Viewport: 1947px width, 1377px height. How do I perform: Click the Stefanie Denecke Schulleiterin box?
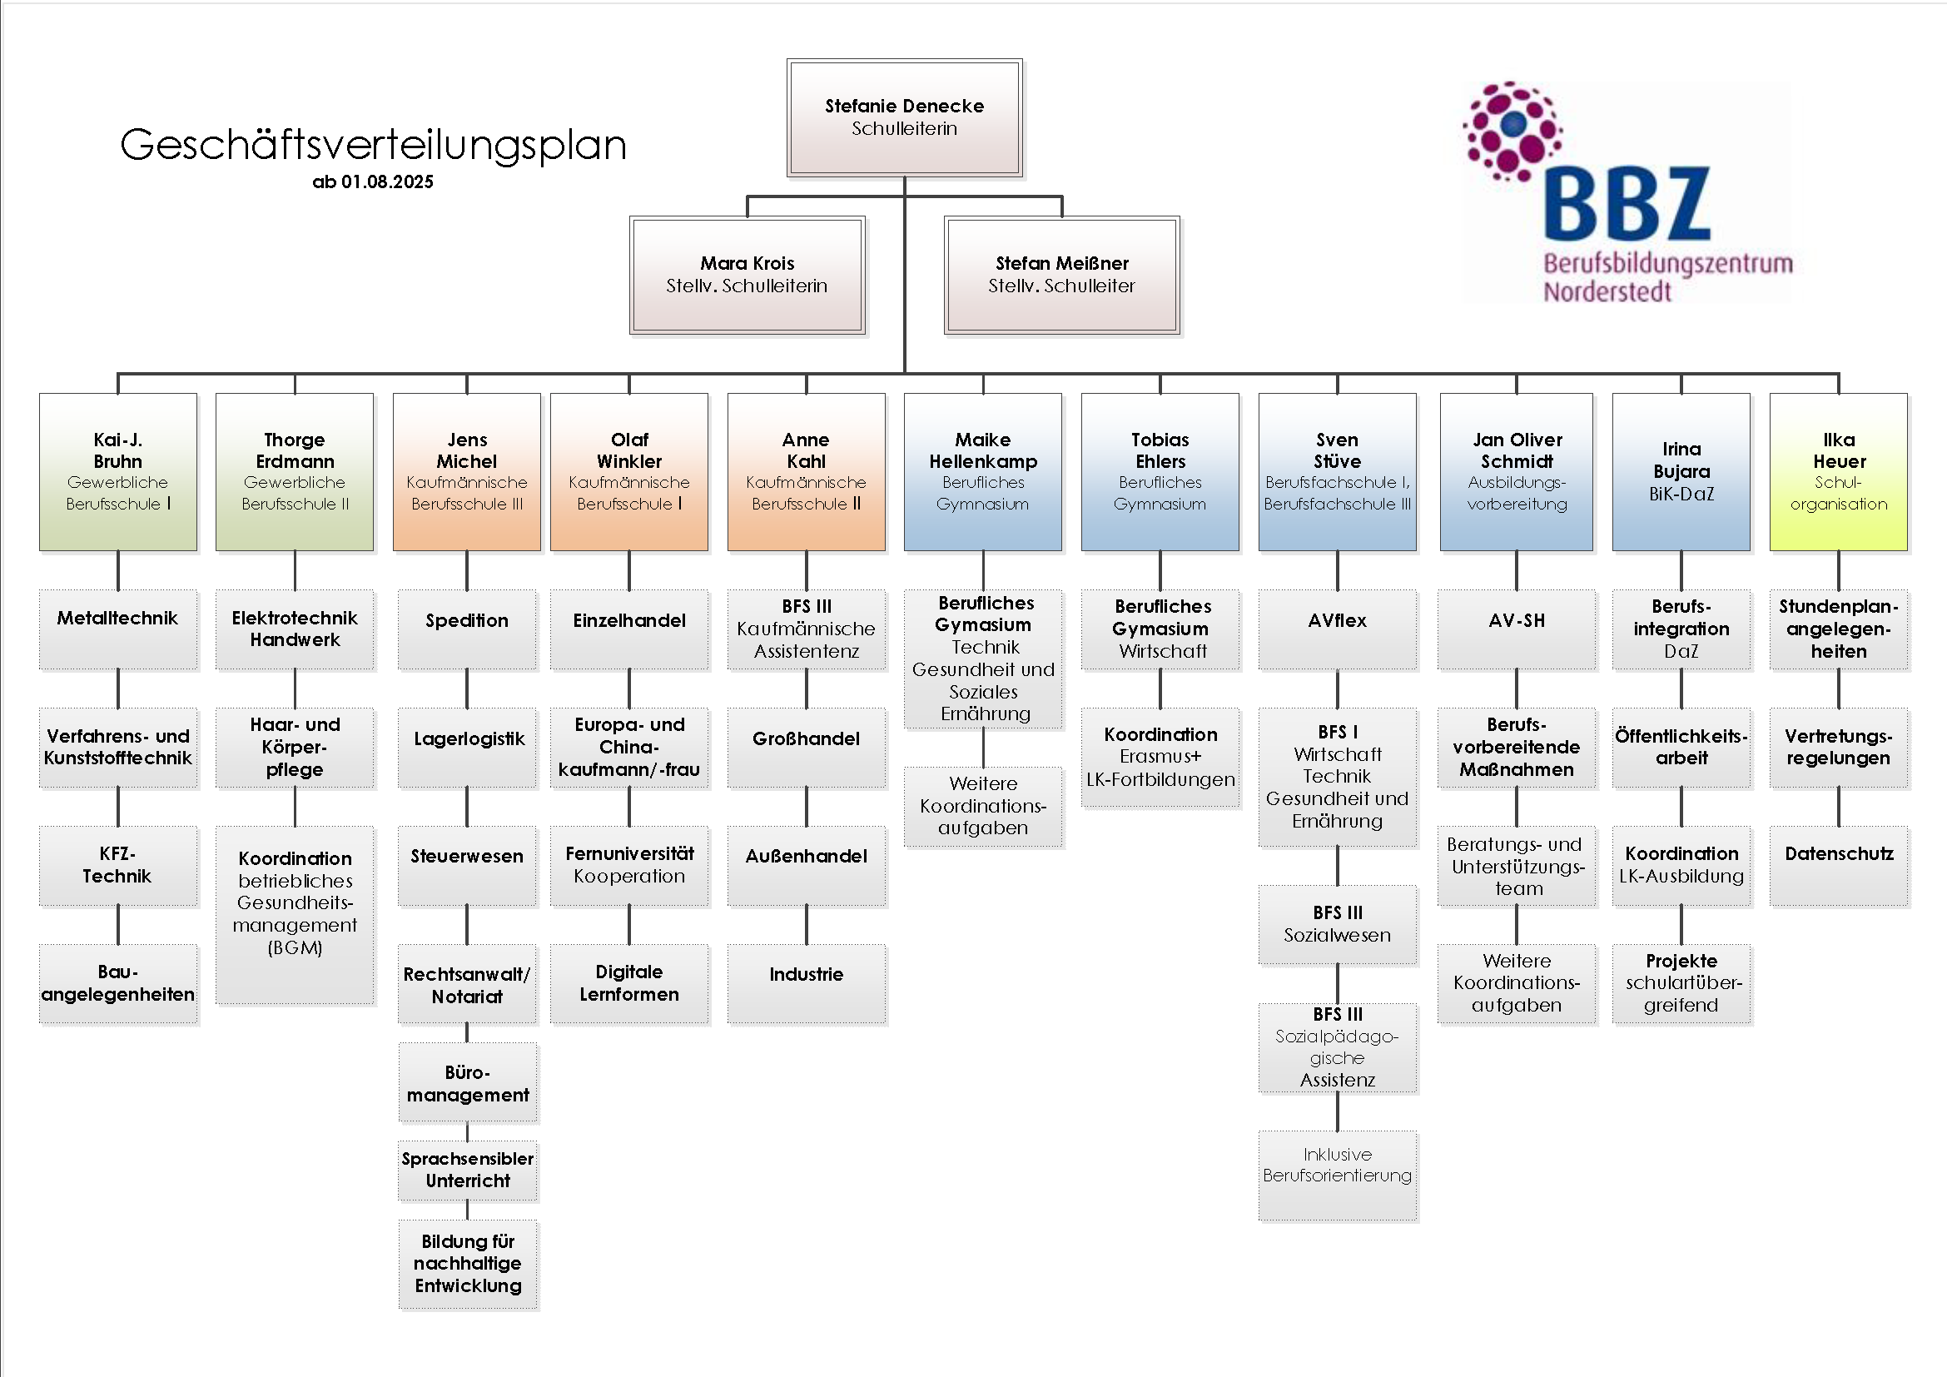[904, 118]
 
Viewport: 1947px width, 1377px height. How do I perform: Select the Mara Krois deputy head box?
[747, 275]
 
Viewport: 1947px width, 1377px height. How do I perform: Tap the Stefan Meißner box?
[1061, 275]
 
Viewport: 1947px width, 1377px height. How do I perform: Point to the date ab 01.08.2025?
[372, 182]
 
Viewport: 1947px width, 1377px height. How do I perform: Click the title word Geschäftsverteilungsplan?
[373, 145]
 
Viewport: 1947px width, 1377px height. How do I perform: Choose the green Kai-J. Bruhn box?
[118, 471]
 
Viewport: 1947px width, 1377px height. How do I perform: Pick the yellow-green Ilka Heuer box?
[1839, 471]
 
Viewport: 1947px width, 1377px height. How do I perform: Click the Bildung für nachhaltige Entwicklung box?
[468, 1264]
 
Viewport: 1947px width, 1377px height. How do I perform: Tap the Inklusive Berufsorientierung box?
[1338, 1175]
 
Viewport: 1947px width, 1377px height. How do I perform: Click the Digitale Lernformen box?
[629, 983]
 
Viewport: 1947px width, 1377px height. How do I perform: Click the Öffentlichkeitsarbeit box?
[1681, 747]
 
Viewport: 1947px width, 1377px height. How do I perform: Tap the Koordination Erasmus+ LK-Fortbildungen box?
[1160, 757]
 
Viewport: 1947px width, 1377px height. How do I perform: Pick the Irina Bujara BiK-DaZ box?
[1681, 471]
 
